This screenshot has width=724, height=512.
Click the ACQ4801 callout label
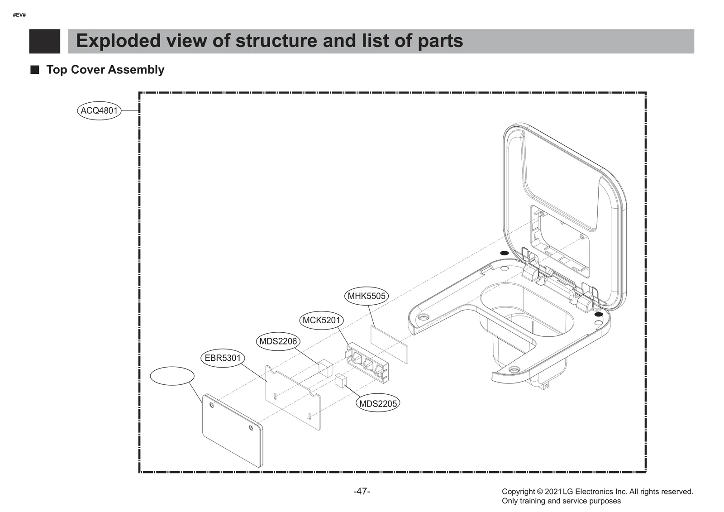pos(99,110)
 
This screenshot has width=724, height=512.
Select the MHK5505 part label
pos(367,297)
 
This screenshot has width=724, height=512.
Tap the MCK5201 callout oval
pos(321,321)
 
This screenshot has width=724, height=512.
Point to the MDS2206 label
pos(278,341)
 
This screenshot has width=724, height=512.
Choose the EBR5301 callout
pos(223,359)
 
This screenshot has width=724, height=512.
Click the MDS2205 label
pos(378,404)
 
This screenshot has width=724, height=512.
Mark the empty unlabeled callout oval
pos(172,376)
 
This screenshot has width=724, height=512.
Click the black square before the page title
pos(44,41)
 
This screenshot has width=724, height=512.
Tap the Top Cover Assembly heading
pos(105,70)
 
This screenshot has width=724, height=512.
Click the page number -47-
pos(362,491)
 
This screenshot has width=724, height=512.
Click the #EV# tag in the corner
pos(19,15)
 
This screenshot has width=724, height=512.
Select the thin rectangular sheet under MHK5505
pos(389,344)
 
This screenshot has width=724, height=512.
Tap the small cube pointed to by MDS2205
pos(341,380)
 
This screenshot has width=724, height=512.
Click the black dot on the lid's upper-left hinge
pos(504,253)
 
